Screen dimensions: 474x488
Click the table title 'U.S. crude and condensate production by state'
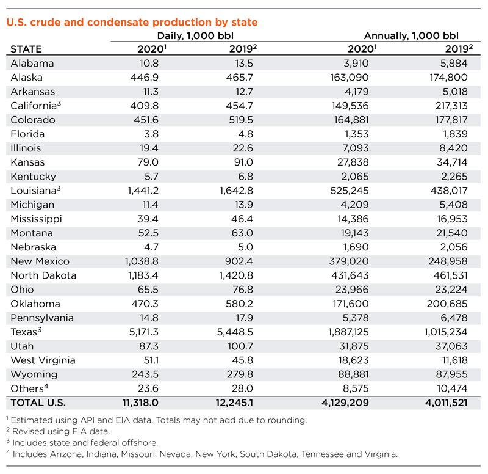click(x=132, y=23)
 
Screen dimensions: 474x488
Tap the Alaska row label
click(x=28, y=78)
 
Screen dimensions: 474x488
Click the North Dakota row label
click(x=44, y=275)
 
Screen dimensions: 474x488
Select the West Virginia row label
click(x=41, y=360)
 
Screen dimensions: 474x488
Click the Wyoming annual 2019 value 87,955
click(x=451, y=374)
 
